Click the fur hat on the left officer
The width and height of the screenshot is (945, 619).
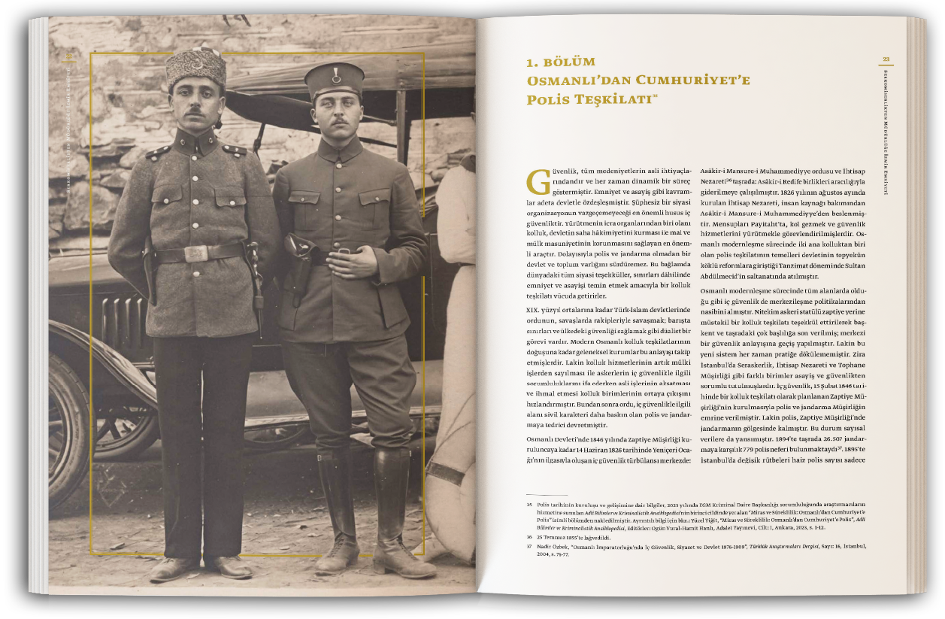(x=196, y=66)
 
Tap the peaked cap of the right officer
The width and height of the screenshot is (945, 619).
(x=335, y=80)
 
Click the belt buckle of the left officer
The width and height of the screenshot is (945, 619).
(x=195, y=254)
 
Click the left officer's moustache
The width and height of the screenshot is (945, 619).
(x=195, y=111)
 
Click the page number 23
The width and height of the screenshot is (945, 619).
(x=886, y=60)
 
